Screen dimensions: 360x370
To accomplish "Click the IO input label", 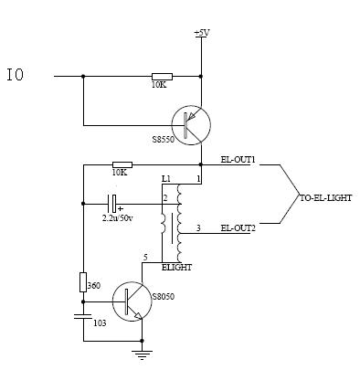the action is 16,75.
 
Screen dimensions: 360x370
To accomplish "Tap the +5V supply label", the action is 202,33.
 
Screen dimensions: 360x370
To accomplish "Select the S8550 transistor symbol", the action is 191,125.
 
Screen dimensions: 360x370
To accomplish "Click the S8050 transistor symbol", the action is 132,301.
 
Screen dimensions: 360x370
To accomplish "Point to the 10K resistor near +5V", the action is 162,77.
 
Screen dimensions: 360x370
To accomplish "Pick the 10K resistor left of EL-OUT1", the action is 122,164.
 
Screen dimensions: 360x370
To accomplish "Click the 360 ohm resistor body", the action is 83,282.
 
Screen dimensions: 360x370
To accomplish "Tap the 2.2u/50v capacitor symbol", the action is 111,204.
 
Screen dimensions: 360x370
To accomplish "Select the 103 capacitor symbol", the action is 83,316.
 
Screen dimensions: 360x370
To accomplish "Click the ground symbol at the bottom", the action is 142,354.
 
